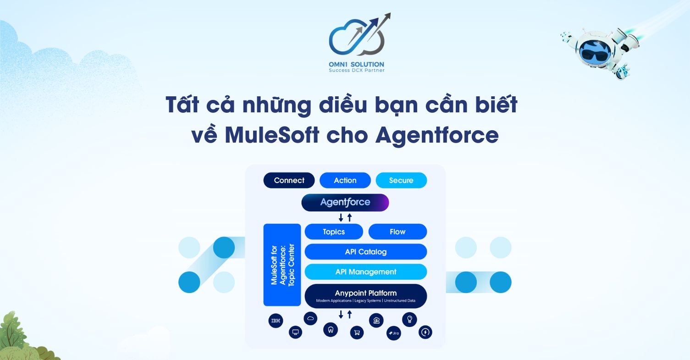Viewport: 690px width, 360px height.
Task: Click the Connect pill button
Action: coord(289,180)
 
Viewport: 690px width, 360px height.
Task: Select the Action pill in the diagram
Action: coord(345,180)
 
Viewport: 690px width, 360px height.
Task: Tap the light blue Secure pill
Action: coord(401,180)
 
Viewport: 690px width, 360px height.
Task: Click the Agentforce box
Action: coord(345,202)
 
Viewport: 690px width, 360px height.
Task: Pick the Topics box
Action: coord(334,232)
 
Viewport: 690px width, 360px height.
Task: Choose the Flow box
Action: coord(397,232)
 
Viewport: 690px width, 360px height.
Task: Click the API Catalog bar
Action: coord(365,252)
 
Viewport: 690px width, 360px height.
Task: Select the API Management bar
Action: coord(365,272)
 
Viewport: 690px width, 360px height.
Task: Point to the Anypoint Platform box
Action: coord(365,296)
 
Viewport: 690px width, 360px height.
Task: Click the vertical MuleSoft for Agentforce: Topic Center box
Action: coord(282,265)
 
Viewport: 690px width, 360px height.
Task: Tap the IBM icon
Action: coord(276,321)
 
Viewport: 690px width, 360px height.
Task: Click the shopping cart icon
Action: coord(357,332)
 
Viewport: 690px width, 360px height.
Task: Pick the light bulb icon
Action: coord(409,320)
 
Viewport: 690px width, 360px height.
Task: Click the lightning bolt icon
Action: coord(425,332)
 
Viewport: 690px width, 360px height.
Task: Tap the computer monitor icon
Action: coord(296,332)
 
